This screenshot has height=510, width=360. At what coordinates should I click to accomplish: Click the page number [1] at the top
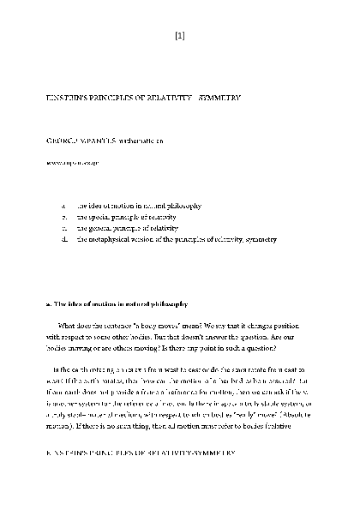(179, 36)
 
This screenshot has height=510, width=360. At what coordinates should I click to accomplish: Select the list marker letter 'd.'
(64, 240)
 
